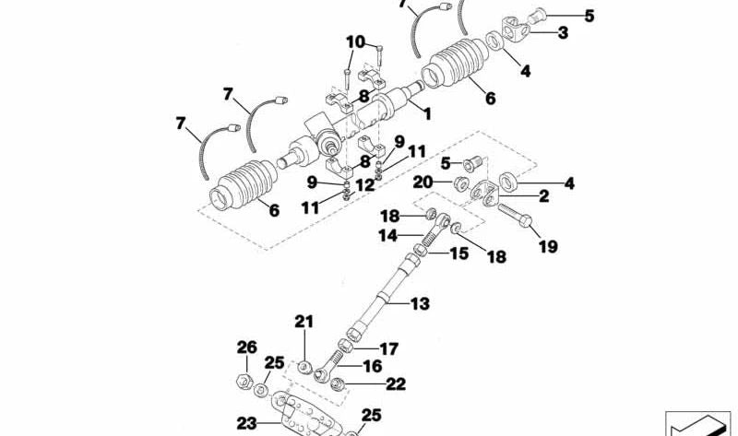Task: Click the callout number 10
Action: pos(355,41)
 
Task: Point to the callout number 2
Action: pos(543,196)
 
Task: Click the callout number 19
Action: pos(548,246)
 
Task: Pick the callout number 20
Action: pos(422,182)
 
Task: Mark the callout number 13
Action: pos(420,302)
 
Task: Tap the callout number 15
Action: pos(458,252)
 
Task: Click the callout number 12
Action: pos(365,184)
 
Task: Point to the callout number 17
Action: pos(388,349)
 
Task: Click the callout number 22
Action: pos(395,383)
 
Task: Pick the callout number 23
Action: pos(245,425)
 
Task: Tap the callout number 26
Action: pos(245,348)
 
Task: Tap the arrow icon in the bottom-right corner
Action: pos(697,424)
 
